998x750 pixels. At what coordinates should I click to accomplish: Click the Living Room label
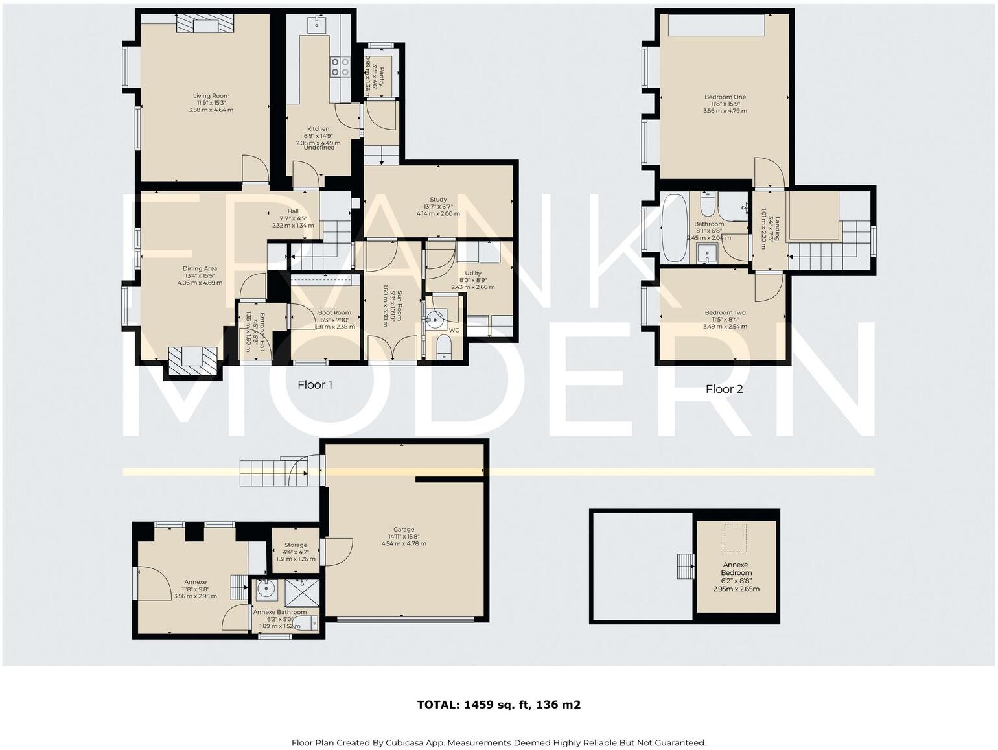[211, 96]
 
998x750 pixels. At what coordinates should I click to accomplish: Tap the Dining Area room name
[200, 269]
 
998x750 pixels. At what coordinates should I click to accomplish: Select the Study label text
[438, 200]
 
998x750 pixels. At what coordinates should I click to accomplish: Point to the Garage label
[403, 530]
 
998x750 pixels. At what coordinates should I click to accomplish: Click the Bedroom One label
[725, 97]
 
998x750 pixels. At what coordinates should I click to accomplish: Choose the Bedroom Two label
[725, 313]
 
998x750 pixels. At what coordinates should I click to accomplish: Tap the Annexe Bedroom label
[736, 568]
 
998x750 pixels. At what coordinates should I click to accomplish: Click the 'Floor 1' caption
[315, 385]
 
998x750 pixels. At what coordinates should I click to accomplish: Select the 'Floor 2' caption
[724, 389]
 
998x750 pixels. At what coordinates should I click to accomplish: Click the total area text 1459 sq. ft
[498, 705]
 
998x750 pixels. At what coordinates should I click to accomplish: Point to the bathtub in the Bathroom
[674, 228]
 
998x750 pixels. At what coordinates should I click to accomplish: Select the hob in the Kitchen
[338, 67]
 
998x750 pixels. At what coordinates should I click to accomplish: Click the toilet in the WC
[444, 347]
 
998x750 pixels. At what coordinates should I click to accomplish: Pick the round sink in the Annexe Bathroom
[266, 590]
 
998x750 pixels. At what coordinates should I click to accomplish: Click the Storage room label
[296, 545]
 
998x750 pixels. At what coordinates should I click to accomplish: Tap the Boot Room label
[334, 313]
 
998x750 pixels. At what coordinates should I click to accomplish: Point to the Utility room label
[473, 274]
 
